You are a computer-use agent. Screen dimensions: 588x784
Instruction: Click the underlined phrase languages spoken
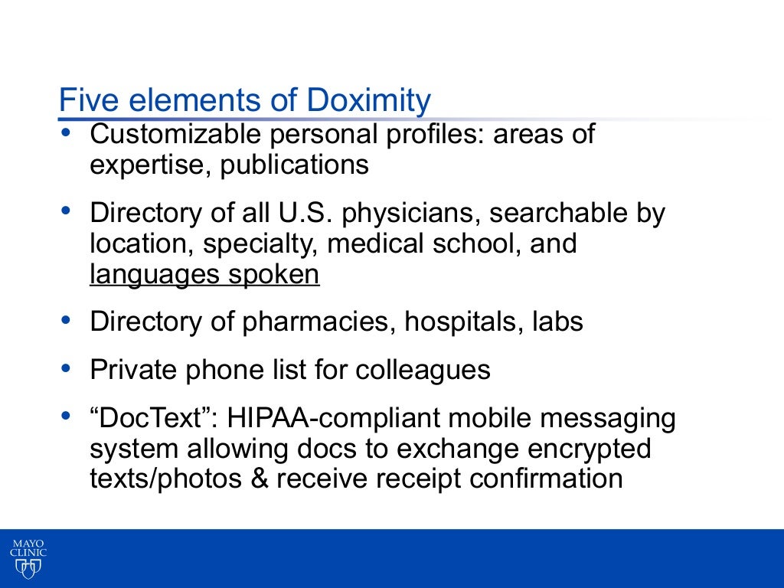204,274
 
